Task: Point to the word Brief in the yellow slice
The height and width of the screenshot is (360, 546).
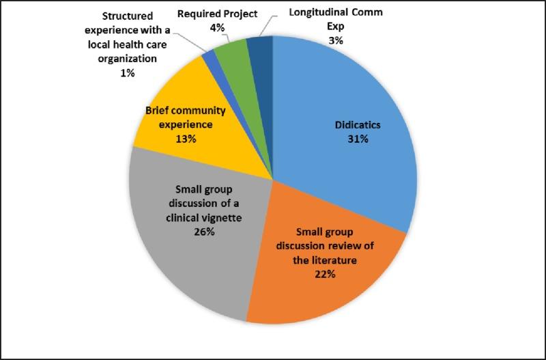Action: (156, 111)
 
